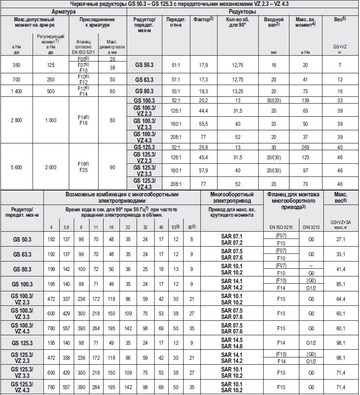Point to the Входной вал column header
tap(274, 23)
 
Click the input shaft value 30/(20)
tap(274, 100)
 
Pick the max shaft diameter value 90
tap(112, 167)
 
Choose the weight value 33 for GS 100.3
tap(340, 100)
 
